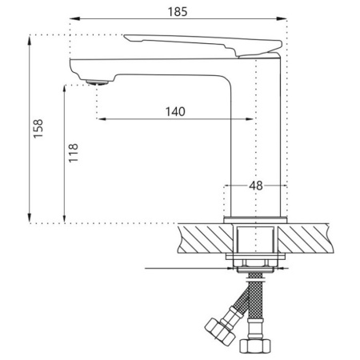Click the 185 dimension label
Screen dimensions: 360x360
tap(178, 12)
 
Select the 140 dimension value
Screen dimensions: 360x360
tap(175, 111)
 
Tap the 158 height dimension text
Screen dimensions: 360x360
tap(38, 129)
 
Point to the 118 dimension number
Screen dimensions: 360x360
tap(74, 153)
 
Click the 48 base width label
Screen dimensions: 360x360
tap(256, 186)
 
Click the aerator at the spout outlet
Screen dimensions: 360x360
tap(98, 82)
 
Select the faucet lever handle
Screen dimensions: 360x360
tap(202, 45)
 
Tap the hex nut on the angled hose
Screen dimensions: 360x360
tap(219, 330)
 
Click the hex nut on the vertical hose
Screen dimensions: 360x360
tap(255, 346)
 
